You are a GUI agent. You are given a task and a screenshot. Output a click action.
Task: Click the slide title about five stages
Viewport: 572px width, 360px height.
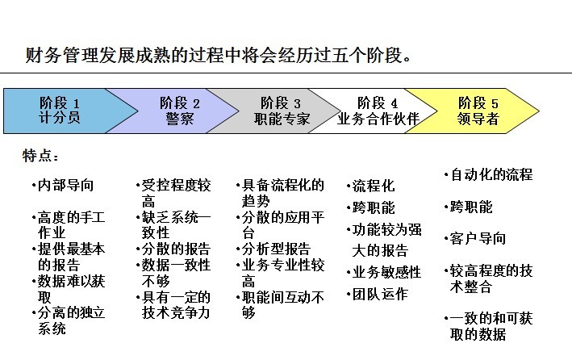pos(219,56)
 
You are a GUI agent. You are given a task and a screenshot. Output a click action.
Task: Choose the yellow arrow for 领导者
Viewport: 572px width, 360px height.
pos(474,111)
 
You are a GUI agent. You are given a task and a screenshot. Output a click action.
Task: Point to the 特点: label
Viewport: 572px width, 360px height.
pos(40,156)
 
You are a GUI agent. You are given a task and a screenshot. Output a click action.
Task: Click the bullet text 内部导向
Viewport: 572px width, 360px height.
pos(63,185)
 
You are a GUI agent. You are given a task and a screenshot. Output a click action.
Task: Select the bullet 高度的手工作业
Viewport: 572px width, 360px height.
pos(69,225)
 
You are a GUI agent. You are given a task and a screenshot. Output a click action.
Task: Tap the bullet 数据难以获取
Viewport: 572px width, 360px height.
pos(69,289)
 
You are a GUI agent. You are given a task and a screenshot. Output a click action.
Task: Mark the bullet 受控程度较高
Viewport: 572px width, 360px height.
pos(173,193)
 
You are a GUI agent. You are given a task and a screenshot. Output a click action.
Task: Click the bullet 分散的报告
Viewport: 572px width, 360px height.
pos(173,249)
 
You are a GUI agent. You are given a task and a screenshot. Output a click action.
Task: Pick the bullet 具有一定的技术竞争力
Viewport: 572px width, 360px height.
pos(173,305)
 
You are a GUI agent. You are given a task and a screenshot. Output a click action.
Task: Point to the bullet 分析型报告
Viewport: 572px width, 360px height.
pos(273,249)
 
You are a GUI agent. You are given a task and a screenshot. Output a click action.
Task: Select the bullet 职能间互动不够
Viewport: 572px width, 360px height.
pos(281,305)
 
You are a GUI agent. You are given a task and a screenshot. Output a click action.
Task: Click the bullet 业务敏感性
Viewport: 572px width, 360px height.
pos(384,272)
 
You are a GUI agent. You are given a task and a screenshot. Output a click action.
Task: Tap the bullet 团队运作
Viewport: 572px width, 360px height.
pos(378,295)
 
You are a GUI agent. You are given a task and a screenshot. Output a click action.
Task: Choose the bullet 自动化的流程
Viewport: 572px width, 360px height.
pos(489,174)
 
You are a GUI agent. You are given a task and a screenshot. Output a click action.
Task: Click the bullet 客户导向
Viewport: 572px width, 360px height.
pos(475,238)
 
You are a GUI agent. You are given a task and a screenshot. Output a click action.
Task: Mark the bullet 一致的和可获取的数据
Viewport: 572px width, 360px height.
pos(489,326)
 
